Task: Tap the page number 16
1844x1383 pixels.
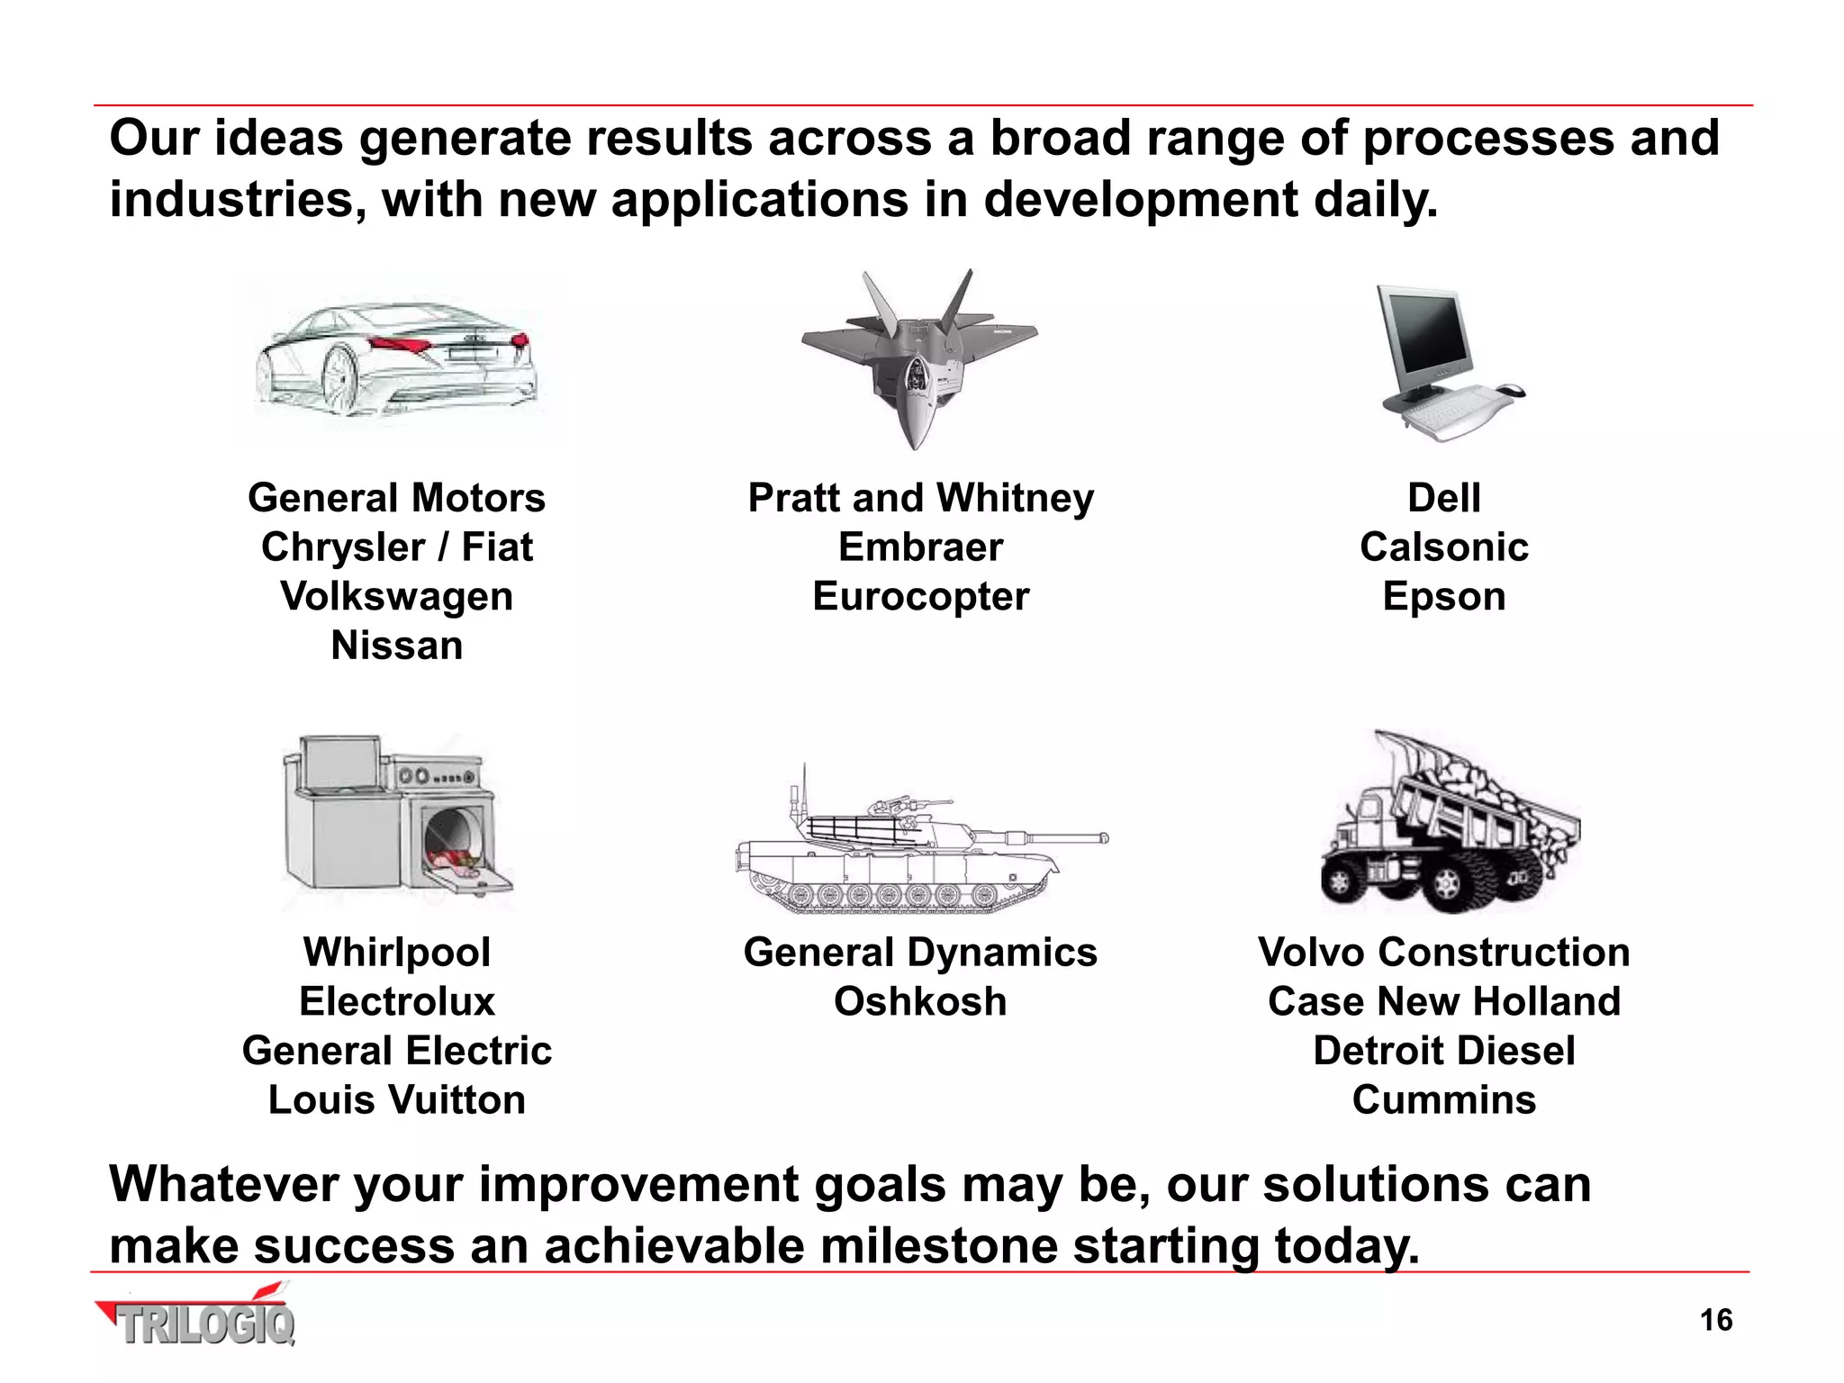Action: tap(1715, 1320)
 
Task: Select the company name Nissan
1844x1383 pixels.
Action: tap(397, 646)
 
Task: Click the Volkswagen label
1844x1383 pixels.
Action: tap(397, 596)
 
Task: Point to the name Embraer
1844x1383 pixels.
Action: tap(920, 547)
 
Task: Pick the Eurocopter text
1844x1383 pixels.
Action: tap(920, 596)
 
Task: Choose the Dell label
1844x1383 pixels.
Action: tap(1443, 498)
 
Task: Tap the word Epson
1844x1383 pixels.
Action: tap(1443, 596)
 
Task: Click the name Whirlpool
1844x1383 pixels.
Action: tap(397, 952)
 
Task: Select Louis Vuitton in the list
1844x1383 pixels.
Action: tap(397, 1099)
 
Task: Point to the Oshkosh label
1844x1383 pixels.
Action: tap(920, 1001)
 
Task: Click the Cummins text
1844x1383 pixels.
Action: tap(1443, 1099)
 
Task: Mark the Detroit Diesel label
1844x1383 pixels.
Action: tap(1443, 1051)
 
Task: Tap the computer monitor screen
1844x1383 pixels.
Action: tap(1425, 338)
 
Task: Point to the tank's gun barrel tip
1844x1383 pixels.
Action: tap(1103, 838)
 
